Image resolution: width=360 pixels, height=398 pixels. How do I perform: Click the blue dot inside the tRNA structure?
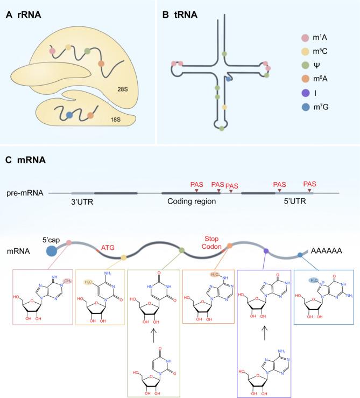click(229, 79)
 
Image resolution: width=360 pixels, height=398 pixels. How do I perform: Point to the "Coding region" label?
click(189, 201)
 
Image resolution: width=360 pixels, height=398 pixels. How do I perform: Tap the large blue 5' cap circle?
click(53, 250)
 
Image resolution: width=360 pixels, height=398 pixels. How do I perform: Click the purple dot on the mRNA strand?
click(266, 251)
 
